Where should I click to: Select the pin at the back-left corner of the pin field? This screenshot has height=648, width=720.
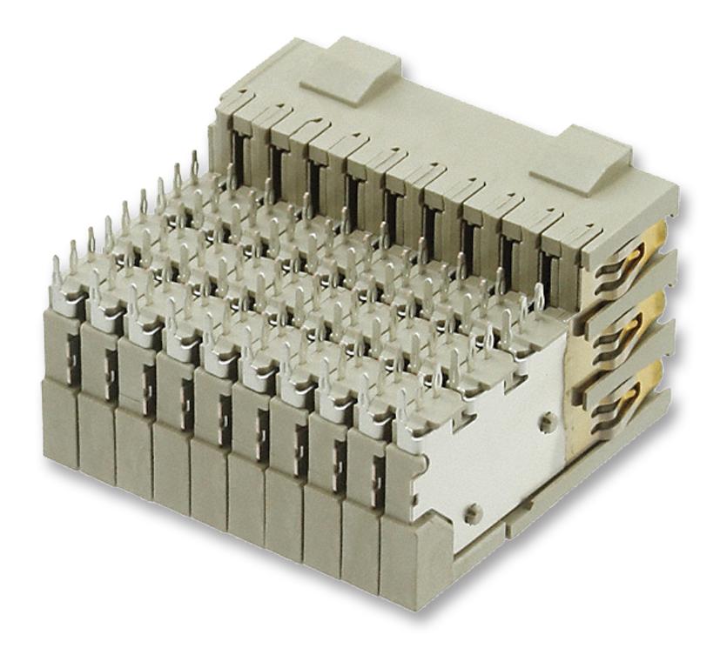click(194, 165)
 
